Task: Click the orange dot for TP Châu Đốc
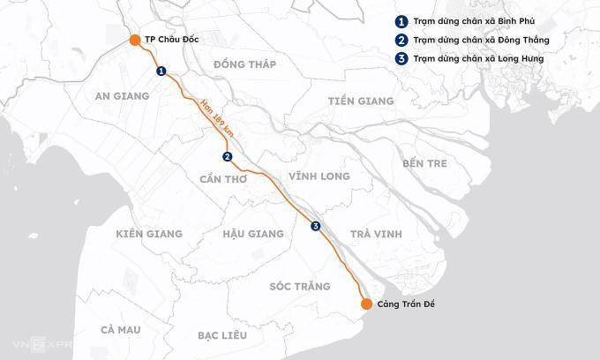click(x=134, y=40)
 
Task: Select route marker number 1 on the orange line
click(x=161, y=71)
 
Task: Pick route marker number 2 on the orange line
click(x=228, y=157)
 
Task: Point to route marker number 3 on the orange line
click(x=316, y=227)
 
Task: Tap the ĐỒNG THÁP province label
click(x=244, y=64)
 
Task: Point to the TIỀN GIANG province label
click(x=360, y=101)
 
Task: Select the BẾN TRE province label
click(x=424, y=163)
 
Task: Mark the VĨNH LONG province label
click(x=319, y=176)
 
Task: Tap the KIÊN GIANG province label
click(x=149, y=234)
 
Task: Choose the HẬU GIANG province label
click(x=253, y=234)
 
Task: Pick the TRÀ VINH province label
click(x=375, y=234)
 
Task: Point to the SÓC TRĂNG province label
click(x=300, y=287)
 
